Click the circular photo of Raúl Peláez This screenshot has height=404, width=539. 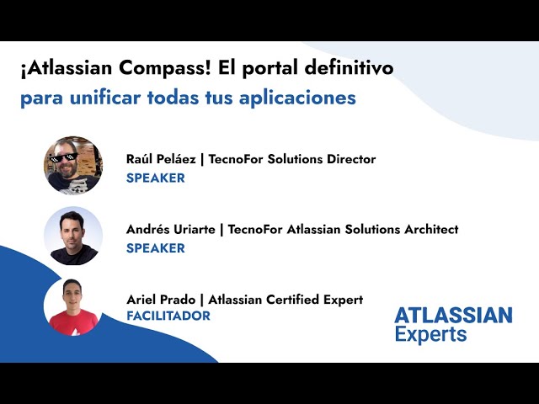(73, 165)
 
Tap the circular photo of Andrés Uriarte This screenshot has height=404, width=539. (73, 236)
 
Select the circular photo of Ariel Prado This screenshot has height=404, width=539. (73, 306)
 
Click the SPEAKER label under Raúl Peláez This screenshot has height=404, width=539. (155, 178)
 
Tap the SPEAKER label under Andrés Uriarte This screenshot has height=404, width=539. (155, 248)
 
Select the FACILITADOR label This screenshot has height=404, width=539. (168, 316)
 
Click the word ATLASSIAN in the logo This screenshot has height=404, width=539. (453, 316)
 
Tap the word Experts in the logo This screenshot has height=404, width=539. (430, 334)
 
